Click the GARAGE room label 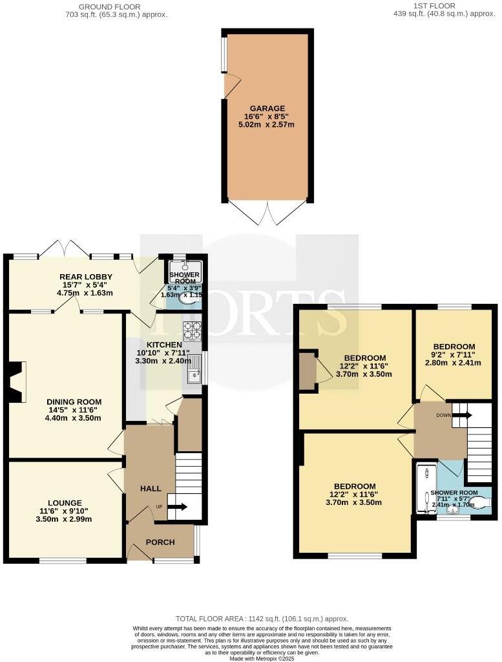pos(267,108)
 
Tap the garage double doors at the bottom pos(267,212)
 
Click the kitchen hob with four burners pos(193,330)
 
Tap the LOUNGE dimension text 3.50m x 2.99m pos(65,518)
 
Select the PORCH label pos(160,542)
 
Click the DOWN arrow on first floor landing pos(462,415)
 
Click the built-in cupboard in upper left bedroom pos(308,371)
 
